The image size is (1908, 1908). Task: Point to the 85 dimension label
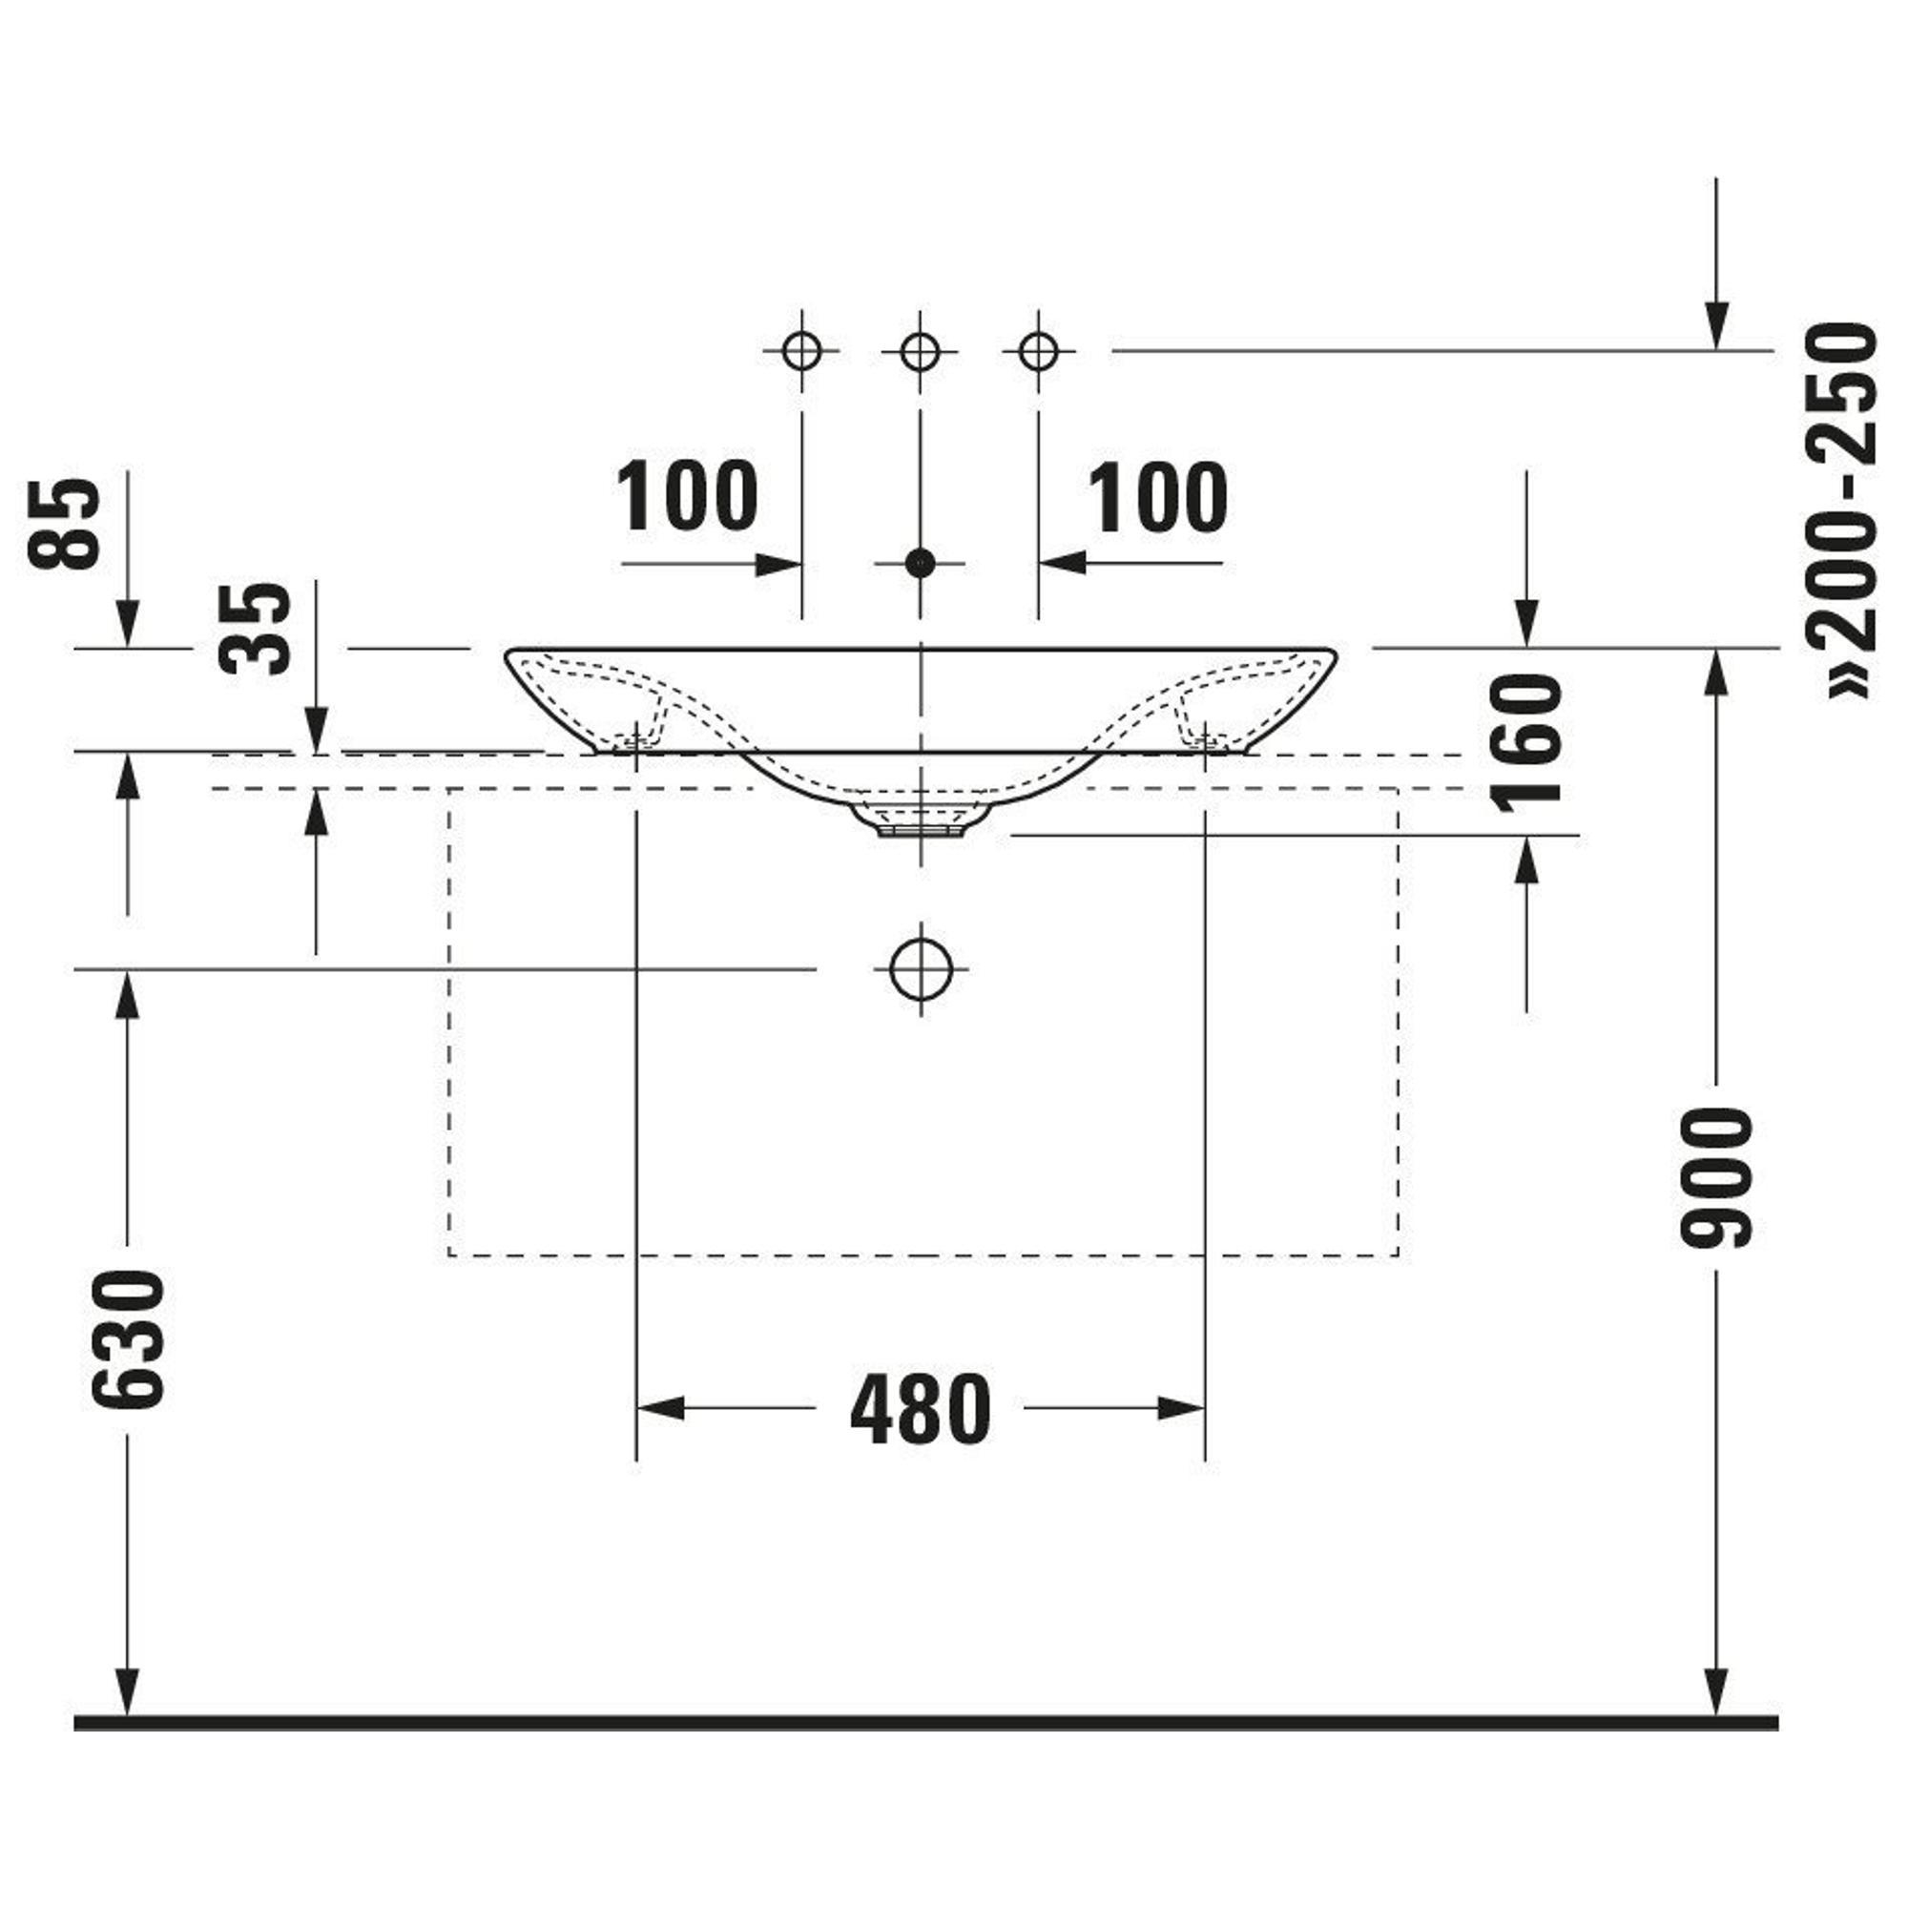coord(64,525)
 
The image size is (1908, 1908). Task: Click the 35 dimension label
coord(256,628)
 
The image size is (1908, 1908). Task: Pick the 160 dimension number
coord(1527,742)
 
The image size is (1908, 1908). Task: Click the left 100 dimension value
coord(687,497)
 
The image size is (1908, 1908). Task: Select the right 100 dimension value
coord(1157,497)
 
